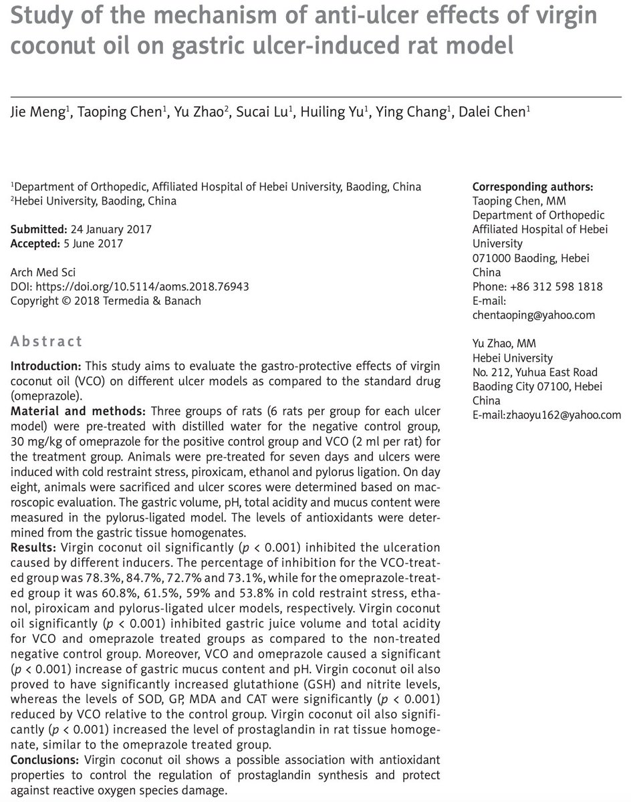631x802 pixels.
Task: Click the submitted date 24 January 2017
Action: [x=109, y=229]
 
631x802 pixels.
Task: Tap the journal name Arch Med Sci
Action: [x=41, y=273]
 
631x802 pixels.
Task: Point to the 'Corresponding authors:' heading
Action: [x=533, y=186]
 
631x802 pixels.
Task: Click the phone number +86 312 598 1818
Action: [x=558, y=287]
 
